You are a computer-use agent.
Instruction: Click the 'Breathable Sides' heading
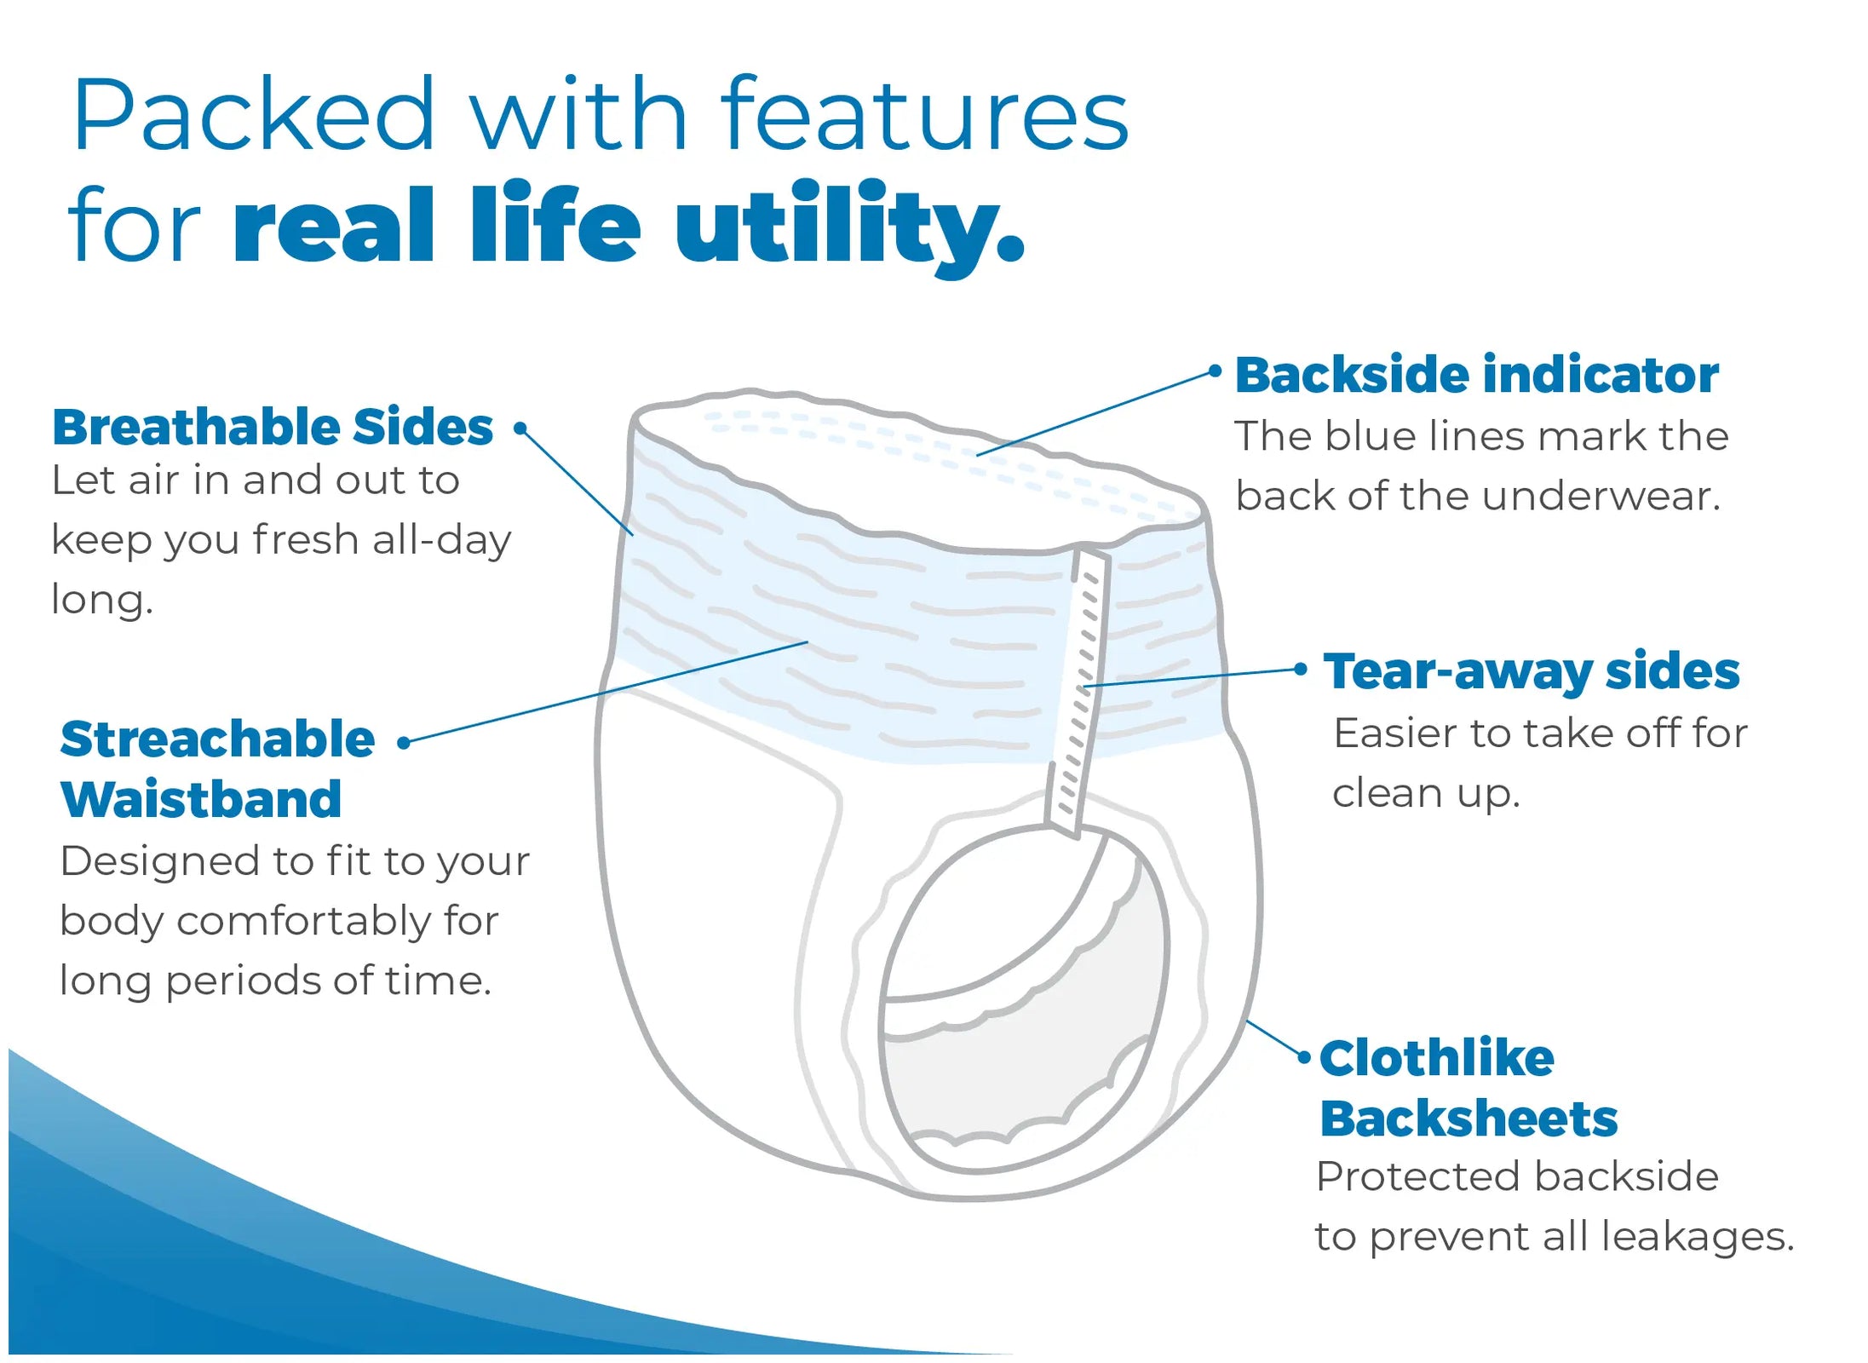tap(273, 427)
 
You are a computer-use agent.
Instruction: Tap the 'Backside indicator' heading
tap(1476, 376)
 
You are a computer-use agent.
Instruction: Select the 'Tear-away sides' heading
tap(1531, 671)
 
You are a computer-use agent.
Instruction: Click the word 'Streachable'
tap(217, 739)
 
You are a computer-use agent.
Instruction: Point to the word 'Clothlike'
tap(1436, 1058)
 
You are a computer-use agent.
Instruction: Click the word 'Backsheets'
tap(1468, 1119)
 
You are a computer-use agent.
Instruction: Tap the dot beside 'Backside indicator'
tap(1215, 371)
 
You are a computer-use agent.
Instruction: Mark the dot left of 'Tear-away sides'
tap(1300, 670)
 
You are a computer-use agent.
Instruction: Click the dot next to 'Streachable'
tap(405, 743)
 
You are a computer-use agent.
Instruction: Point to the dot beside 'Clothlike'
tap(1304, 1057)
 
